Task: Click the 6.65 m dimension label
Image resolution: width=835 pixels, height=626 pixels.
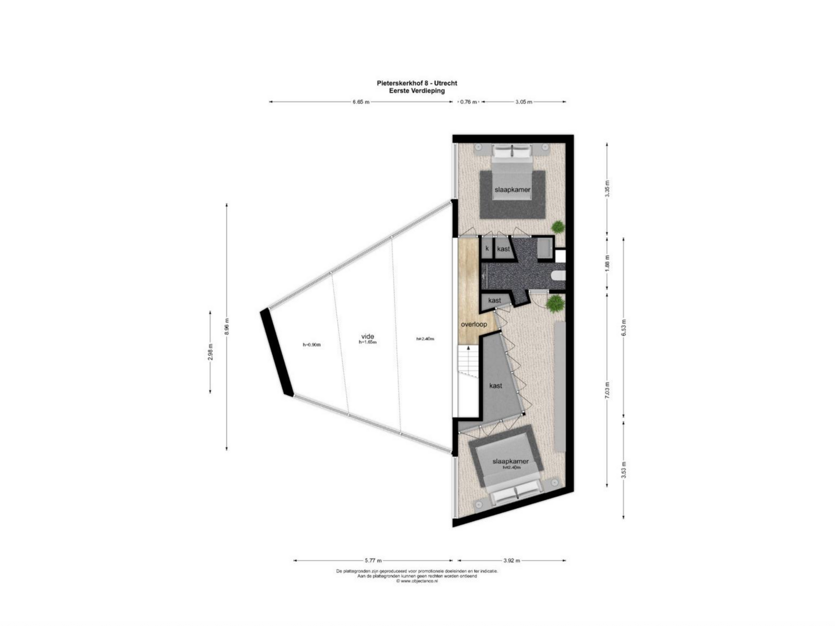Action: pos(361,102)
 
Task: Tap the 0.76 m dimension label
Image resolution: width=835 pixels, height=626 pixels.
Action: pos(468,102)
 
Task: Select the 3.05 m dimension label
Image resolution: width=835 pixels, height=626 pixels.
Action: pos(524,102)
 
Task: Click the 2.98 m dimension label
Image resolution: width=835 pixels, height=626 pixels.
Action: pos(210,352)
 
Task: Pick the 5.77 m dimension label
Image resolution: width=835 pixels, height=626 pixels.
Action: pos(373,560)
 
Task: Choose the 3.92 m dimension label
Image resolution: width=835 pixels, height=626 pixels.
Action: pos(511,560)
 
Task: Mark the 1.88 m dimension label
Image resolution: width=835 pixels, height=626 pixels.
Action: pos(607,263)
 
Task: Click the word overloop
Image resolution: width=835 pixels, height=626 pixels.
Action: pos(474,324)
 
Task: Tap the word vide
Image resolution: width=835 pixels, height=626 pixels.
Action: pos(368,336)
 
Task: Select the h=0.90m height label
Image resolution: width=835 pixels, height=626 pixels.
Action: pos(312,345)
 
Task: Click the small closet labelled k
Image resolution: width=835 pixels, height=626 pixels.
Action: pos(487,249)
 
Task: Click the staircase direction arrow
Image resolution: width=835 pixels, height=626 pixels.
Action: pos(468,350)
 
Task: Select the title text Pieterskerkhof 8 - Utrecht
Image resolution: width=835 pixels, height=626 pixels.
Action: pos(417,83)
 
